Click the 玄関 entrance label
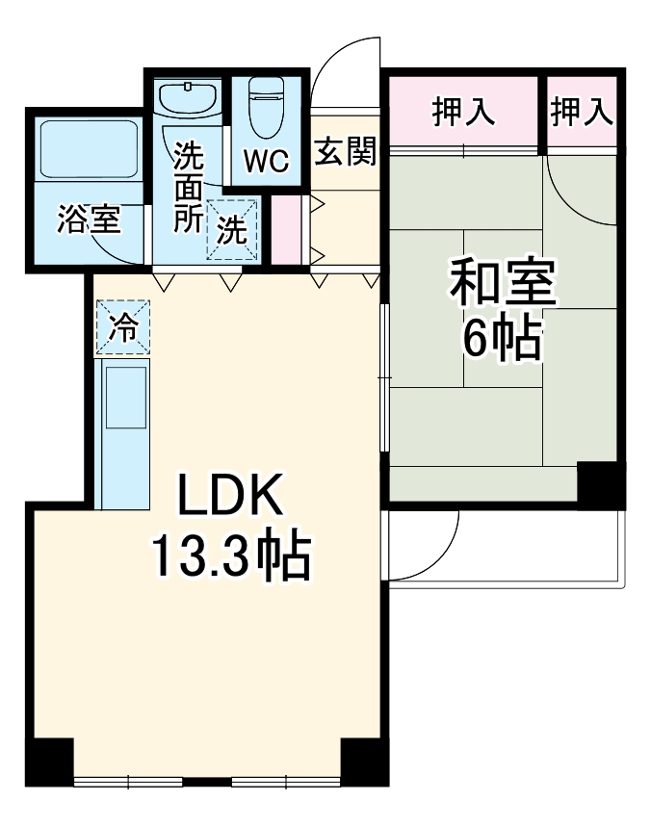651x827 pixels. tap(345, 151)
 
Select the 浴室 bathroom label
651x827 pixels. tap(89, 220)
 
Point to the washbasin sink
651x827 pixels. tap(188, 99)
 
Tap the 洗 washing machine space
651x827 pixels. tap(232, 228)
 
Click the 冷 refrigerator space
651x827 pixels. tap(122, 326)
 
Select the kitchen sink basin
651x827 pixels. tap(125, 396)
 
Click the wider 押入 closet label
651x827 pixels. tap(463, 113)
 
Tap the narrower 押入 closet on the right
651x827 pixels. tap(582, 113)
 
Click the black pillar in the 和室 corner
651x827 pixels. tap(600, 484)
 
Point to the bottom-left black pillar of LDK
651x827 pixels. tap(49, 762)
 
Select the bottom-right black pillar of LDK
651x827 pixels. tap(365, 762)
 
